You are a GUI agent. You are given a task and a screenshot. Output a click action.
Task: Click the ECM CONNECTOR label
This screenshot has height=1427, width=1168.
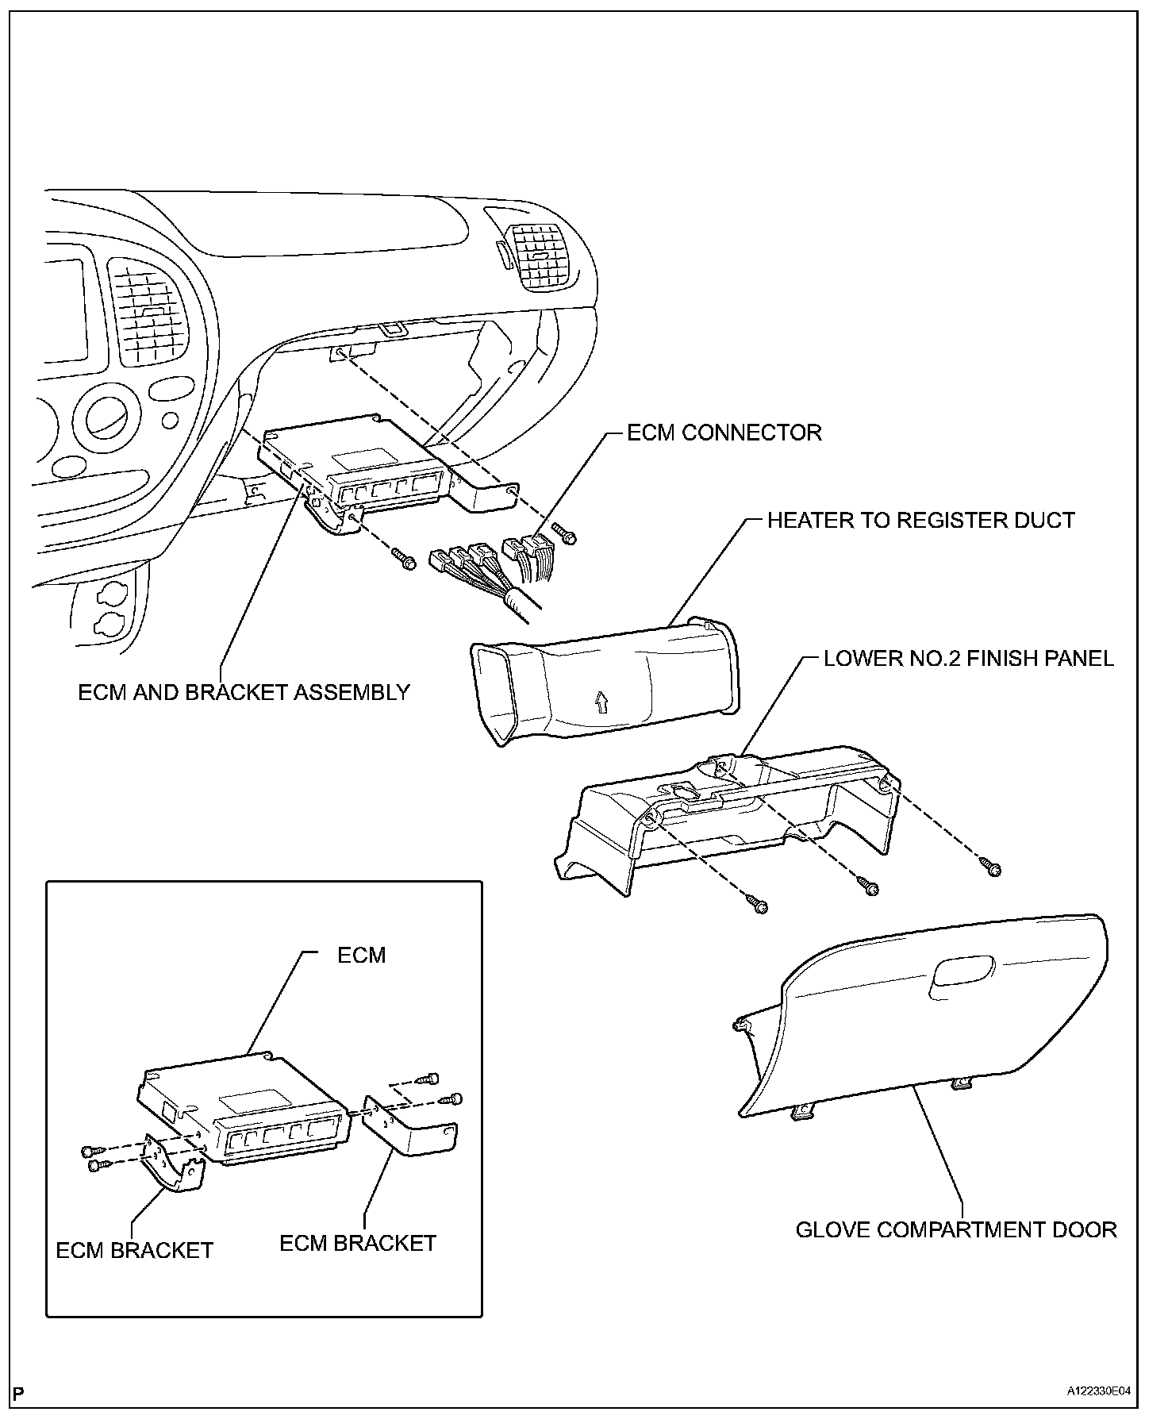click(724, 433)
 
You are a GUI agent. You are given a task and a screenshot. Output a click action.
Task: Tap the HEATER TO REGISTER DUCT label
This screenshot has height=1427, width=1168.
click(920, 521)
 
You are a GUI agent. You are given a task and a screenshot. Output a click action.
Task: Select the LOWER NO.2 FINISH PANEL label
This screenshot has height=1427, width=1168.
click(968, 658)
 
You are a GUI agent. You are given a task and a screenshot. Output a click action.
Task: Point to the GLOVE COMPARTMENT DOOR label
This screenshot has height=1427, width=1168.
click(956, 1230)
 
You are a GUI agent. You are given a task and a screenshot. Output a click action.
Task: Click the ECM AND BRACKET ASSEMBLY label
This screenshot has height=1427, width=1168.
click(244, 692)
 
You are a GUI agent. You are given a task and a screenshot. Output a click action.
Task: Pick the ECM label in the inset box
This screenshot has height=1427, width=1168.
click(361, 954)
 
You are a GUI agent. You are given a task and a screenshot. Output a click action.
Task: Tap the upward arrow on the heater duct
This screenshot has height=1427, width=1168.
click(600, 701)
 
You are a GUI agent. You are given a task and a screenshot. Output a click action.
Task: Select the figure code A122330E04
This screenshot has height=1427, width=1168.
click(1099, 1414)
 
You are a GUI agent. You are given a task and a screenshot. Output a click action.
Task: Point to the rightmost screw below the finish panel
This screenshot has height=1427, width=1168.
click(991, 867)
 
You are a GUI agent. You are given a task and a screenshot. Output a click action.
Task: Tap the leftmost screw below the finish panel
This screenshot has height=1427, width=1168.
click(758, 903)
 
